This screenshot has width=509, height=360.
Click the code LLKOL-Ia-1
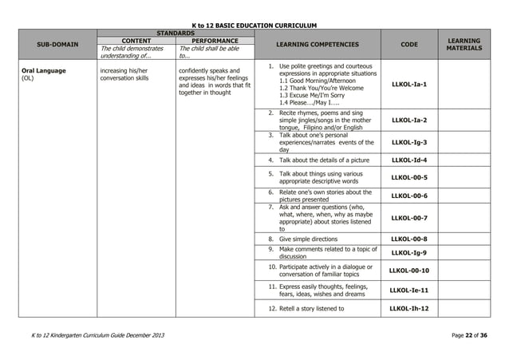[408, 84]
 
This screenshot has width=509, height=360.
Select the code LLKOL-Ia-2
[408, 121]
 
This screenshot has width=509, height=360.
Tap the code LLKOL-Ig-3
[408, 143]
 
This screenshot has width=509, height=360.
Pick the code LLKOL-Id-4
[408, 160]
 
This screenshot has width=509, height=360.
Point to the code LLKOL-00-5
[408, 177]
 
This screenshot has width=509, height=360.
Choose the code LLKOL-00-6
[408, 196]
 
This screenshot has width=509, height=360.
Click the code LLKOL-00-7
[408, 217]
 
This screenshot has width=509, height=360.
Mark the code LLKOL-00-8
[408, 239]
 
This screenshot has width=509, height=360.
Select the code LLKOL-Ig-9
[408, 253]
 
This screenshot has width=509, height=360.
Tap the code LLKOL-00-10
[408, 271]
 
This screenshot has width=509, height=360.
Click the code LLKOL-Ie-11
[408, 291]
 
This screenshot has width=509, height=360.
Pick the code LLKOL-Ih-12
[408, 308]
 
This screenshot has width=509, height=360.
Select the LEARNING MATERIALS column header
[464, 45]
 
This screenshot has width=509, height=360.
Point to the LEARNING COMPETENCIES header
[317, 45]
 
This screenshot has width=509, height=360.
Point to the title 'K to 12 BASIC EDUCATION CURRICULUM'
[254, 26]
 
